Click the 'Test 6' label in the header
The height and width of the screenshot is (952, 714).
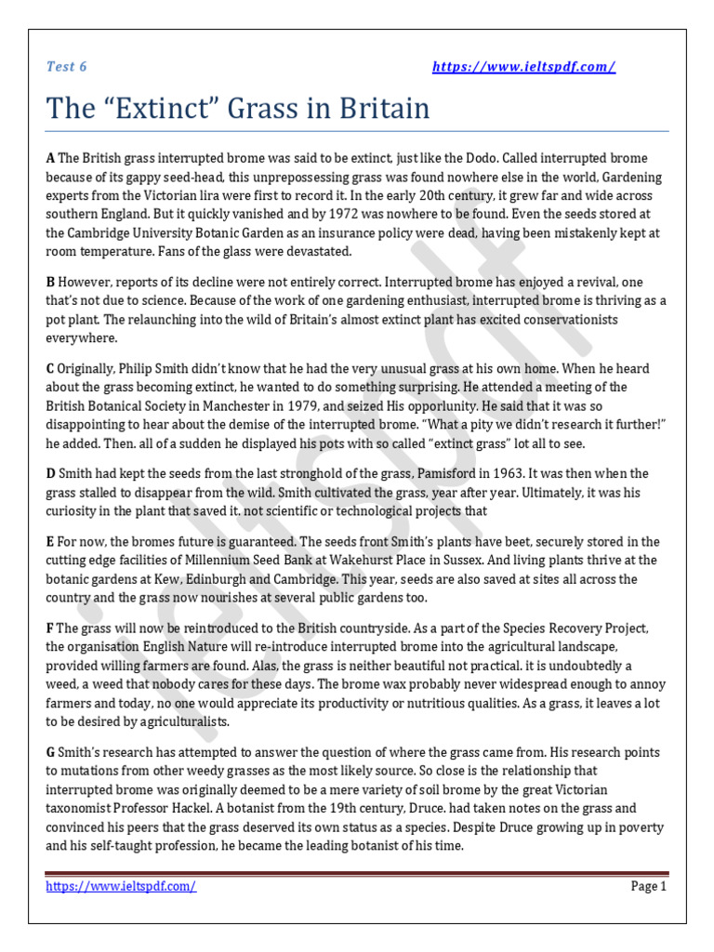click(66, 66)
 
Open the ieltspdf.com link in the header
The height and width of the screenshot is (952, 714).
click(524, 66)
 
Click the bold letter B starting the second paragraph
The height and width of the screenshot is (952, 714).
click(51, 282)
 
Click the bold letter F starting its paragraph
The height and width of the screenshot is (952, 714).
click(50, 628)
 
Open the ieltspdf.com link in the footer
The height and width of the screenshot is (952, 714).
click(122, 887)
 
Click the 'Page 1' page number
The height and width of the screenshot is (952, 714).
click(649, 887)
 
